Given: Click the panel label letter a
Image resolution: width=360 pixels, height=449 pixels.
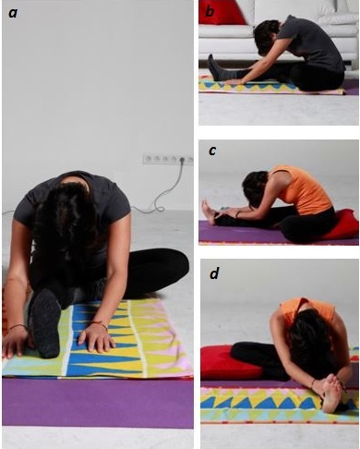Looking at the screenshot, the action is point(13,13).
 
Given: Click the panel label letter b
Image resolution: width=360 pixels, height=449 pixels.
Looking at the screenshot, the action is point(210,11).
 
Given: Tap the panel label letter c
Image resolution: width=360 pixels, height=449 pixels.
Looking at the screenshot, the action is point(212,151).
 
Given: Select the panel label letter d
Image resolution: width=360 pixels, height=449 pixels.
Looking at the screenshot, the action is point(214,273).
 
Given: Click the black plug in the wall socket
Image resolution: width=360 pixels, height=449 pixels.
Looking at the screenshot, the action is point(183,160).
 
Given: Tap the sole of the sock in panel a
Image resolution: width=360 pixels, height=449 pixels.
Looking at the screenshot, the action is point(46,322).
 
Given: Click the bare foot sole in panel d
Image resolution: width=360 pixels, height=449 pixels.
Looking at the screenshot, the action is point(330,394).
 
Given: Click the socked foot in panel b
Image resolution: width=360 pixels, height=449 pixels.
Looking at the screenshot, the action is point(214,67).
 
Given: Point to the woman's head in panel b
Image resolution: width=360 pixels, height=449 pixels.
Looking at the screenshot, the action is point(265,38).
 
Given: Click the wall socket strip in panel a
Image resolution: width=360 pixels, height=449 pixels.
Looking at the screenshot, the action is point(168,159).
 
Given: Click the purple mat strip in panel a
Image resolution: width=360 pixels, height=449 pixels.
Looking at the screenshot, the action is point(98,403).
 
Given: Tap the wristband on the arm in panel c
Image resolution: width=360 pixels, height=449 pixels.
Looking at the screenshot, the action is point(238,214).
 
